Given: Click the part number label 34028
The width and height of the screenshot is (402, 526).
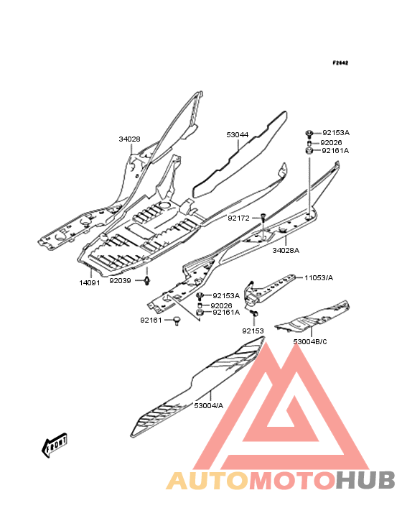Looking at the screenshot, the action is pyautogui.click(x=129, y=139).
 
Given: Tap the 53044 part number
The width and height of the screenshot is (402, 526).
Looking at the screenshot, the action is pyautogui.click(x=237, y=134).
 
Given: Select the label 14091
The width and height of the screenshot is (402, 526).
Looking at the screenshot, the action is pyautogui.click(x=90, y=283).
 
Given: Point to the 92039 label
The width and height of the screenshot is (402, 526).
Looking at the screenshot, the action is pyautogui.click(x=120, y=280).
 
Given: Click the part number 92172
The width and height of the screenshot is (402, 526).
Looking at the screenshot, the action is pyautogui.click(x=238, y=218).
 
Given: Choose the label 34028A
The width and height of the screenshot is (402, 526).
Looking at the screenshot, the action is pyautogui.click(x=286, y=250).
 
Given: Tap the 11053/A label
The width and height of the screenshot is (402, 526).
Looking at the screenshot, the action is pyautogui.click(x=319, y=278).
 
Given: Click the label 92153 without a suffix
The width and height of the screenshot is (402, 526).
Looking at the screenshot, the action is pyautogui.click(x=253, y=331).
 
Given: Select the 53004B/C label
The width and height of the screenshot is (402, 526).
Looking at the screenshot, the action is pyautogui.click(x=310, y=341).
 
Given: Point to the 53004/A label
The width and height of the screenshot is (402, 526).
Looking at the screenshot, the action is pyautogui.click(x=208, y=405).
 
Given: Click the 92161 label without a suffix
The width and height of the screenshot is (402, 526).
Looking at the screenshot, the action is pyautogui.click(x=151, y=320).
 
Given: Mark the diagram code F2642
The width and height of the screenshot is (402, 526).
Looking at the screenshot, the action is pyautogui.click(x=340, y=63).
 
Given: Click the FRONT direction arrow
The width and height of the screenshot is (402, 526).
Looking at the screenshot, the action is pyautogui.click(x=55, y=445).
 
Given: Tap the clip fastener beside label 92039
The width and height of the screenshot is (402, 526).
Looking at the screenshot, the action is pyautogui.click(x=146, y=280).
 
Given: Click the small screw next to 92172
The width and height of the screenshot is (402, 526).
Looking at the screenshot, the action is pyautogui.click(x=263, y=218).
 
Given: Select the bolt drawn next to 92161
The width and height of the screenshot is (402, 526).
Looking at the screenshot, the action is pyautogui.click(x=177, y=320).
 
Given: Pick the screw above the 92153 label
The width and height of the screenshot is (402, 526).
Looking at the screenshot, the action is pyautogui.click(x=256, y=313).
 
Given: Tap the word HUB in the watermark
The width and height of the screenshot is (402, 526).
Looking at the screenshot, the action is pyautogui.click(x=366, y=480).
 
